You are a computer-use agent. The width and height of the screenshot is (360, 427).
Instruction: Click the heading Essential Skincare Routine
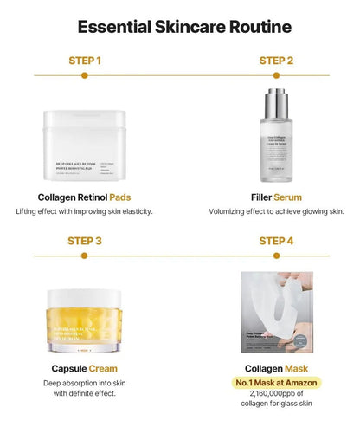pos(179,25)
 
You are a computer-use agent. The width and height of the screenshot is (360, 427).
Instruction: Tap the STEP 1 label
pos(85,61)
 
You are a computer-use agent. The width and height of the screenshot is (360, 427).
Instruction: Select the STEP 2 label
pos(276,61)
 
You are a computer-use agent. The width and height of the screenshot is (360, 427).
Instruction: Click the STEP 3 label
pos(85,240)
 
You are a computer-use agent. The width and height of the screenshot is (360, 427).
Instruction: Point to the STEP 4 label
pos(276,240)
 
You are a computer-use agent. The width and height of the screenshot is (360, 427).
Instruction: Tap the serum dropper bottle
pos(276,134)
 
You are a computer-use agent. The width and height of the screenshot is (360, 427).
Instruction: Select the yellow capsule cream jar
pos(85,322)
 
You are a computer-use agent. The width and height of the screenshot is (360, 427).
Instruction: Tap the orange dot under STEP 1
pos(85,76)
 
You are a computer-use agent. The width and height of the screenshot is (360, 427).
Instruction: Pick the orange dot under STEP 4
pos(276,256)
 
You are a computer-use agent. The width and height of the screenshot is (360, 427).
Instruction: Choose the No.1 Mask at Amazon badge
pos(277,383)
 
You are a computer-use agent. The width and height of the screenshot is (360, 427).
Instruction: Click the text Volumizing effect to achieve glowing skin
pos(276,210)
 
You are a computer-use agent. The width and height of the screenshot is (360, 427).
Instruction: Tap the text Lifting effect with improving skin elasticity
pos(85,210)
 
